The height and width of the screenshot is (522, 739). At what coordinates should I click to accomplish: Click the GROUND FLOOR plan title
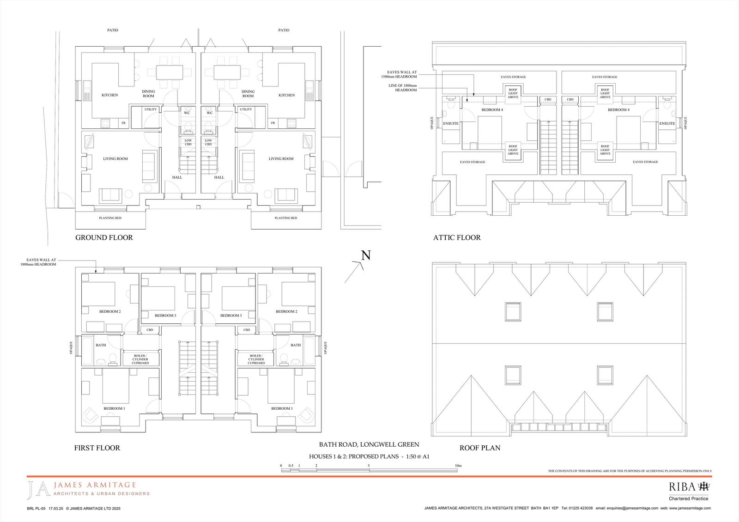pos(104,237)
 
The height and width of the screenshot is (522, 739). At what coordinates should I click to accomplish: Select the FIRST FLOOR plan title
pos(97,448)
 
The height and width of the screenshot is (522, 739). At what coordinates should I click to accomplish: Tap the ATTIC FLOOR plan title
pos(457,237)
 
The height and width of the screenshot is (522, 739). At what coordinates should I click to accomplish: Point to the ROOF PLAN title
pos(480,448)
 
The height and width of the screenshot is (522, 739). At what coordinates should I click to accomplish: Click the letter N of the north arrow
pos(366,255)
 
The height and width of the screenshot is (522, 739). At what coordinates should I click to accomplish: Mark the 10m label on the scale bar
pos(458,466)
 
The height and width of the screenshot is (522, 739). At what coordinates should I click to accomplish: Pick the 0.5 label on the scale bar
pos(291,466)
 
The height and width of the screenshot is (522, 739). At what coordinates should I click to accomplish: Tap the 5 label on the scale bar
pos(369,466)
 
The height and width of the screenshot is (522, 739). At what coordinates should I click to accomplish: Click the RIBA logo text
pos(682,487)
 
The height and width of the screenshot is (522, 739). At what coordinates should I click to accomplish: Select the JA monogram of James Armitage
pos(39,490)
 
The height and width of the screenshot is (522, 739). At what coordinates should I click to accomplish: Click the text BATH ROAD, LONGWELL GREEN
pos(369,444)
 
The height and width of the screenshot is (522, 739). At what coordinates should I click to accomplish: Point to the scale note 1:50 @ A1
pos(418,457)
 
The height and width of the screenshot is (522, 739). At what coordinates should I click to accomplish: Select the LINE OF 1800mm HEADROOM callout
pos(402,88)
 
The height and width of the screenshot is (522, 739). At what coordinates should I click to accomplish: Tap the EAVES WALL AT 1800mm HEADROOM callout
pos(38,262)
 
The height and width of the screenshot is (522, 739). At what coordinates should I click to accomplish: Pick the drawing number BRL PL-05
pos(36,509)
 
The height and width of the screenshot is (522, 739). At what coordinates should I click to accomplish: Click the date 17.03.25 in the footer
pos(56,509)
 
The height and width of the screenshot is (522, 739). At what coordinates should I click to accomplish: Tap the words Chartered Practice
pos(689,498)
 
